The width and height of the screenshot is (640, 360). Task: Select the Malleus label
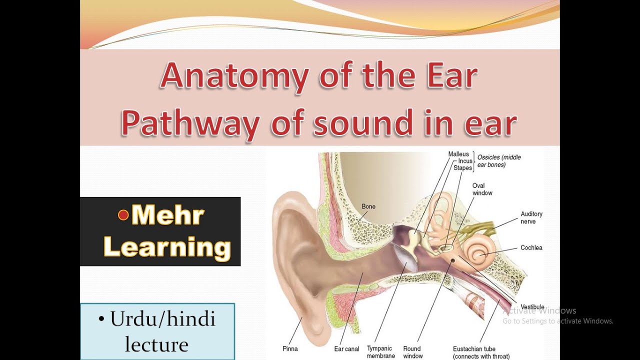point(458,154)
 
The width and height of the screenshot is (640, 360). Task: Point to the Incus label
point(465,161)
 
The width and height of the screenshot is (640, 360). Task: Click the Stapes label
point(462,168)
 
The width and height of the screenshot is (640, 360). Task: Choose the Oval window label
point(482,189)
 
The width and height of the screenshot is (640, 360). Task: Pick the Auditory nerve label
point(531,217)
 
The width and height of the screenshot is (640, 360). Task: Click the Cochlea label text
point(531,247)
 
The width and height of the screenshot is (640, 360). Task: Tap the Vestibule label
point(532,306)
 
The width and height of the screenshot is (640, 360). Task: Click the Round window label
point(412,352)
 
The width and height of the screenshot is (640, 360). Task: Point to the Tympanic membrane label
point(381,352)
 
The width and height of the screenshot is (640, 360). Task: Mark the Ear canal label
point(346,349)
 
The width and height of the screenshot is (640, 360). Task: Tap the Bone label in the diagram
point(368,206)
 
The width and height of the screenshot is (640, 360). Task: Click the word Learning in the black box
point(167,247)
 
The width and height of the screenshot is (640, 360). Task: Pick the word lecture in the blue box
point(156,344)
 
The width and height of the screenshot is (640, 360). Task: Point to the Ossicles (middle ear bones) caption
point(498,160)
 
